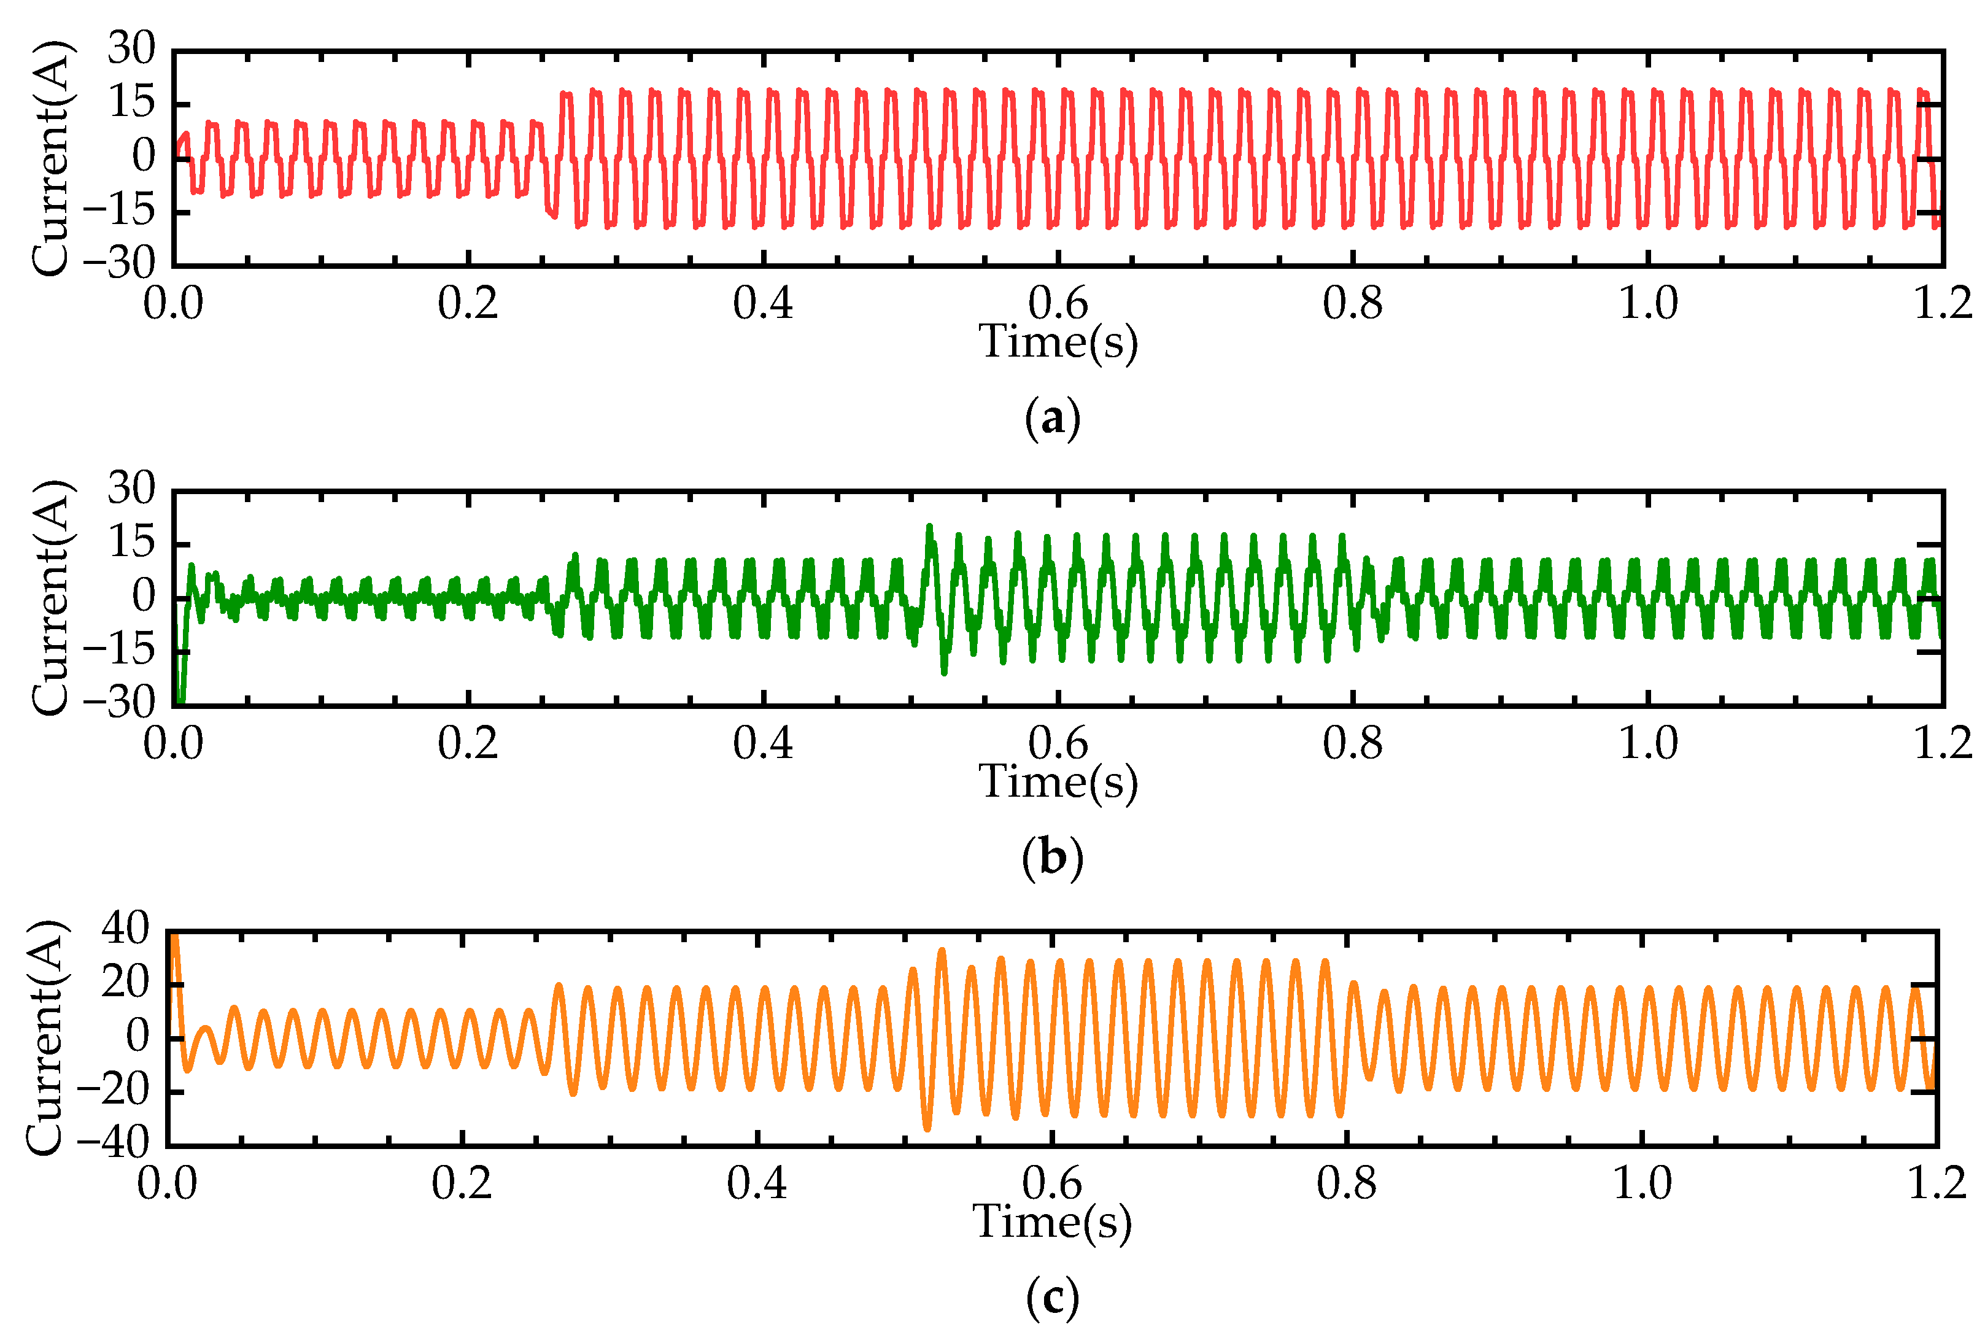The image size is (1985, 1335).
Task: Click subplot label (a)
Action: [1053, 419]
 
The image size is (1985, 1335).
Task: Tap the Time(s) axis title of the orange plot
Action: [1052, 1223]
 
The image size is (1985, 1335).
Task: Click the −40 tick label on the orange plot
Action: [112, 1143]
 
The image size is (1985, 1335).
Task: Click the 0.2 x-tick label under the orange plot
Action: [462, 1183]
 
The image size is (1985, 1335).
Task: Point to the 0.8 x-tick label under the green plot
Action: [1353, 743]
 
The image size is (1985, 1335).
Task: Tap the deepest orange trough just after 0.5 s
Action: [927, 1128]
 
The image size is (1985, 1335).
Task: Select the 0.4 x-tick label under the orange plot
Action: [757, 1183]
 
